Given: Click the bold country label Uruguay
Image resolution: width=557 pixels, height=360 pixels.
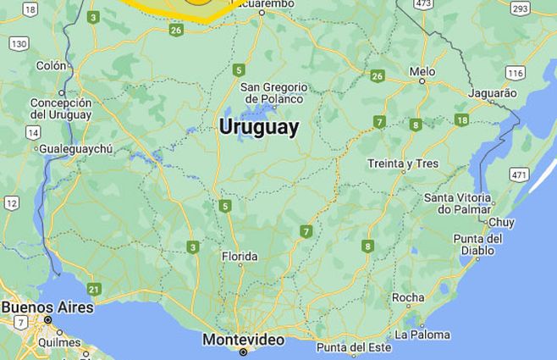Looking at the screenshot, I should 258,127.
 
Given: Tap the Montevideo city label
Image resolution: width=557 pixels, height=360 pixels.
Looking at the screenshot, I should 243,339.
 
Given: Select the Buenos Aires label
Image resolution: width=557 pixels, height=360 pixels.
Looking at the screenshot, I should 47,307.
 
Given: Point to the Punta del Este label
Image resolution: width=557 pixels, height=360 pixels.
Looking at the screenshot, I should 355,347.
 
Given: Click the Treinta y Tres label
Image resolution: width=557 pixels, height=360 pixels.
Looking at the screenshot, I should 403,163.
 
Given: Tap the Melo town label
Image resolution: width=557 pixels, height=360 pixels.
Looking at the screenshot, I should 422,72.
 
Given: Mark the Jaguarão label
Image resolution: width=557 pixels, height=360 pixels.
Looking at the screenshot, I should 492,92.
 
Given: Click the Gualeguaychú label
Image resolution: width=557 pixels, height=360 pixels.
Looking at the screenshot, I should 75,149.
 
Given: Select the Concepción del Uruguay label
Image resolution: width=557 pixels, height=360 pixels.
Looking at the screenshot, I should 60,108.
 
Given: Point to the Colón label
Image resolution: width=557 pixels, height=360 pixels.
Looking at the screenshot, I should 51,65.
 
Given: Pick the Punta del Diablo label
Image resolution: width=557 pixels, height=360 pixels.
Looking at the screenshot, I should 477,244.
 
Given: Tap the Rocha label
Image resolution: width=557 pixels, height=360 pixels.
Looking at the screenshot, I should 408,297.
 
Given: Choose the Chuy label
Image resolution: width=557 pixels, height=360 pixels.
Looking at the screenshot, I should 501,222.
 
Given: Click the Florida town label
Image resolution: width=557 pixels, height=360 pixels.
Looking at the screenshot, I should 240,257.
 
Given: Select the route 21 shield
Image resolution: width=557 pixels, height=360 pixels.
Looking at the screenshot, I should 93,289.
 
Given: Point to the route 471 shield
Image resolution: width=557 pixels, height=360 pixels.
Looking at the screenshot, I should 519,174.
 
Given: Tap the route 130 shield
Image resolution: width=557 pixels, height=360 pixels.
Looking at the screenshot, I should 19,42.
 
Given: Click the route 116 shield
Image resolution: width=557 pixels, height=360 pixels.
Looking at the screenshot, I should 516,72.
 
